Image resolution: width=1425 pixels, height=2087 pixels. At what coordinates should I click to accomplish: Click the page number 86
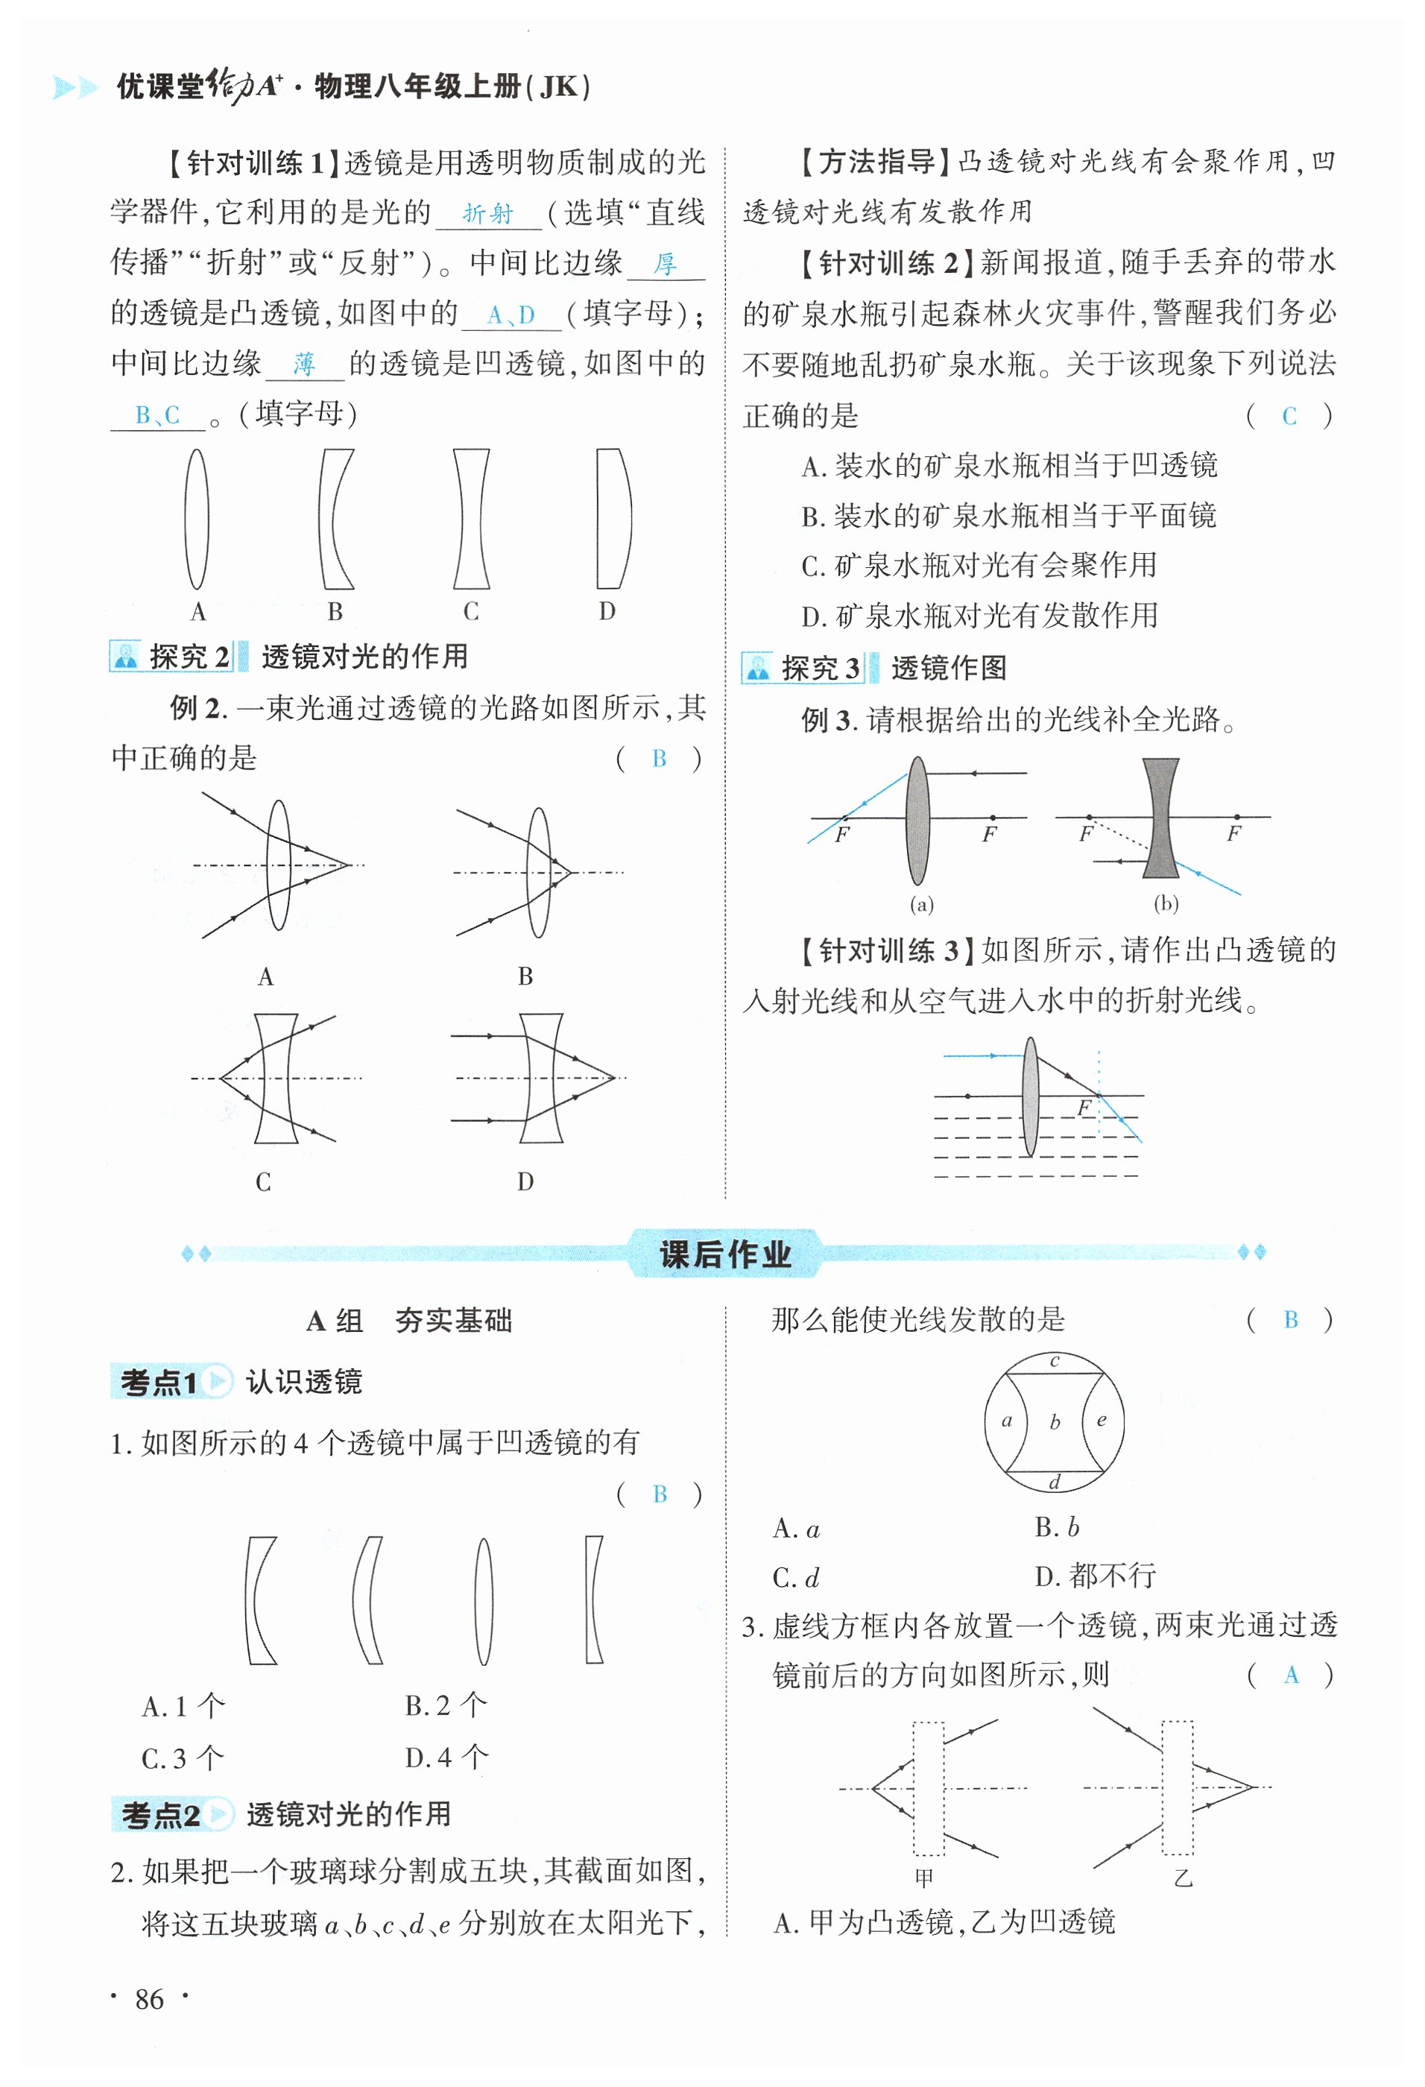pos(149,1999)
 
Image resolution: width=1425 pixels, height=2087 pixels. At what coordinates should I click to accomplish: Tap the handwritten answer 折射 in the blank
pos(487,214)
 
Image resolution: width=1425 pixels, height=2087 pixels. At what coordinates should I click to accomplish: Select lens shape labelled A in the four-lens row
pos(197,519)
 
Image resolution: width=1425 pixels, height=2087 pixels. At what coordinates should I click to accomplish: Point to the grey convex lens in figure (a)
pos(917,821)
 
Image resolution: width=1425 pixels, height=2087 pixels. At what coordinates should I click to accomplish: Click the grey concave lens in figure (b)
pos(1160,817)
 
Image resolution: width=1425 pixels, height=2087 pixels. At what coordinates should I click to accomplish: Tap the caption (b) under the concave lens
pos(1166,903)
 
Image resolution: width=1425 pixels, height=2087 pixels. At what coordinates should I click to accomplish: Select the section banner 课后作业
pos(724,1254)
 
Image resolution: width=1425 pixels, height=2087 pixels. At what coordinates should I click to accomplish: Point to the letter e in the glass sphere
pos(1101,1421)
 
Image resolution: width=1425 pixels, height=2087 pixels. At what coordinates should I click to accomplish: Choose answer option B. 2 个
pos(446,1705)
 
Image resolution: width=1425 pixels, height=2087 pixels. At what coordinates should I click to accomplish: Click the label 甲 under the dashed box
pos(924,1877)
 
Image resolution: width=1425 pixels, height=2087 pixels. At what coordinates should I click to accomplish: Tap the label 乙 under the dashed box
pos(1183,1877)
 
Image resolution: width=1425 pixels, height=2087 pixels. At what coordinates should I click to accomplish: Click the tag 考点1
pos(159,1382)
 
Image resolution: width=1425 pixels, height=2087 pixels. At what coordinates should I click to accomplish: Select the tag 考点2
pos(159,1815)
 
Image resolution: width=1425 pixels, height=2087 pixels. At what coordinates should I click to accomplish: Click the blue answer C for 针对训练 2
pos(1289,416)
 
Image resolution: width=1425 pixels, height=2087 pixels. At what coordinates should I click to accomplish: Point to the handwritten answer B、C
pos(158,415)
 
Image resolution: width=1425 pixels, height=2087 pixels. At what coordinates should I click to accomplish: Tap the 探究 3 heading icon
pos(757,668)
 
